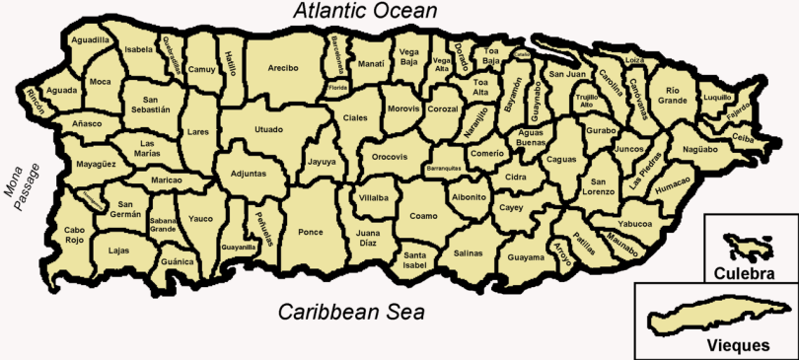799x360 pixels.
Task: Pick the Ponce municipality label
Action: click(x=310, y=232)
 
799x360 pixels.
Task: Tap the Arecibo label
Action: click(x=283, y=68)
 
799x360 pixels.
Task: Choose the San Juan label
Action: click(x=567, y=74)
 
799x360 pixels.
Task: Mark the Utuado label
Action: click(x=268, y=129)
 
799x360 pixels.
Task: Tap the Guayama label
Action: click(x=526, y=257)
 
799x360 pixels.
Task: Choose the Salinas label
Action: click(x=467, y=252)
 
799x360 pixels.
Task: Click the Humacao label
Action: click(x=672, y=184)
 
